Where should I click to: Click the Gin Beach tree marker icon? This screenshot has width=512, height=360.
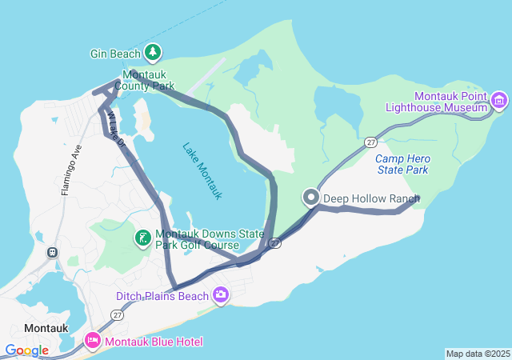click(x=153, y=54)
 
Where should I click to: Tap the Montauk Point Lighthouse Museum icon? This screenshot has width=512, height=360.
click(x=500, y=101)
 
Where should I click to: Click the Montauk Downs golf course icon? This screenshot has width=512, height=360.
click(x=142, y=238)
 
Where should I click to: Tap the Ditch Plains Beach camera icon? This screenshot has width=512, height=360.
click(x=220, y=296)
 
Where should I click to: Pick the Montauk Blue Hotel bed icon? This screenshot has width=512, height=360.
click(x=93, y=342)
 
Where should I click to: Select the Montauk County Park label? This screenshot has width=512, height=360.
click(x=144, y=80)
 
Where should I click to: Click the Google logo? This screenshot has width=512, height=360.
click(x=26, y=350)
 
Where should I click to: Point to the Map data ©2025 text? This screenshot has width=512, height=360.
click(x=478, y=354)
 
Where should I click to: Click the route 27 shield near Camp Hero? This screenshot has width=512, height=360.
click(x=370, y=142)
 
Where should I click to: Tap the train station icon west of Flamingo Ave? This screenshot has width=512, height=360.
click(x=53, y=252)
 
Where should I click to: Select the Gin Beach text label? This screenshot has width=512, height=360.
click(x=114, y=54)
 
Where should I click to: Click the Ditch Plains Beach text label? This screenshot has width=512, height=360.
click(x=162, y=296)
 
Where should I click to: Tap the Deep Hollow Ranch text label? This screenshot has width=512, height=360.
click(x=371, y=198)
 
